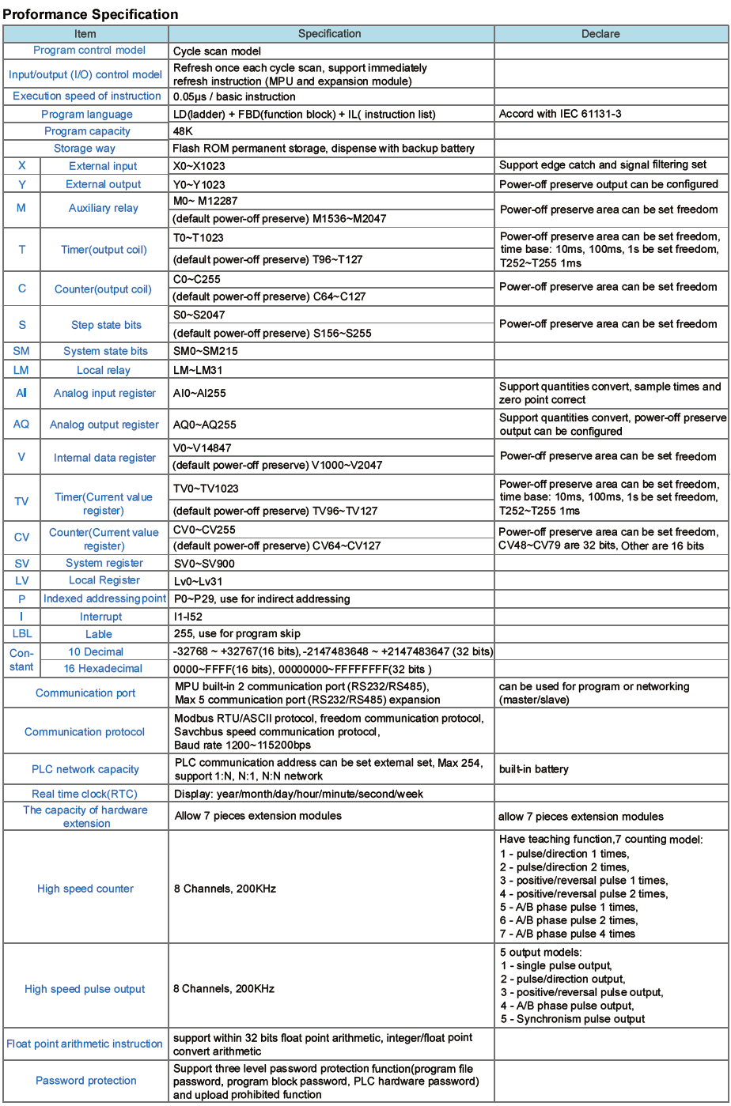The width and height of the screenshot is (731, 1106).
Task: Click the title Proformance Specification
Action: [x=91, y=14]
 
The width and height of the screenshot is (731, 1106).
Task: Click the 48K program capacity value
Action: [x=184, y=131]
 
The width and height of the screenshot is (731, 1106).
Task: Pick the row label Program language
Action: [x=86, y=114]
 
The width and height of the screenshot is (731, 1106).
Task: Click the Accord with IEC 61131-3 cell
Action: [x=559, y=114]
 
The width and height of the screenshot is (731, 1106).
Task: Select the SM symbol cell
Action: [x=21, y=351]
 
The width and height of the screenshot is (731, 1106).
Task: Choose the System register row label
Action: [x=104, y=563]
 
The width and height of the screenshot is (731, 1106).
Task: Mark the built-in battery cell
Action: [x=534, y=769]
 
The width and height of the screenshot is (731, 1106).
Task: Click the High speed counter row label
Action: [x=85, y=889]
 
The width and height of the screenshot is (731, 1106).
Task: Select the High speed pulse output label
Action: [x=85, y=989]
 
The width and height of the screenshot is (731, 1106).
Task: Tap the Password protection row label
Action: [x=85, y=1081]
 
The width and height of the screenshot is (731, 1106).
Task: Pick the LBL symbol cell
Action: [x=21, y=634]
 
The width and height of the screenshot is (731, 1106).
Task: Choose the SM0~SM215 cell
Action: [x=206, y=351]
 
